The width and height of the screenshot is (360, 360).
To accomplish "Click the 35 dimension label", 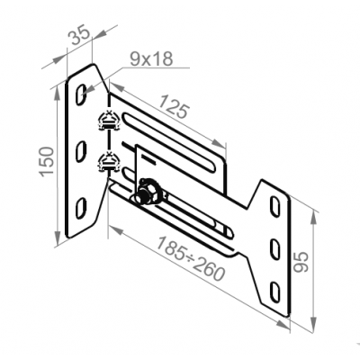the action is tap(79, 35).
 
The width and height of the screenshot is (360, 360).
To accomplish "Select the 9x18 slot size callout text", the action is tap(151, 59).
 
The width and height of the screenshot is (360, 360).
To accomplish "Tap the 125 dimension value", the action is tap(174, 106).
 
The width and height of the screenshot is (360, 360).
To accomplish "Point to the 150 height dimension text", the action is tap(47, 161).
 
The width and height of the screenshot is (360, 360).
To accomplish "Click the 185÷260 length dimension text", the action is tap(191, 258).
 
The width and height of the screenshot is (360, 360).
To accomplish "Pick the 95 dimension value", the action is tap(301, 262).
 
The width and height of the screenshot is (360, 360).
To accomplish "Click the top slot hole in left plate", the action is tap(81, 94).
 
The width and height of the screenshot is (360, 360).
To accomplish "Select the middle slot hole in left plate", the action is tap(81, 151).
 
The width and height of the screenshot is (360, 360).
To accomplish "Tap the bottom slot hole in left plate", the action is tap(81, 208).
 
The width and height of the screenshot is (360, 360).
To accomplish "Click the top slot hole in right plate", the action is tap(274, 206).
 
